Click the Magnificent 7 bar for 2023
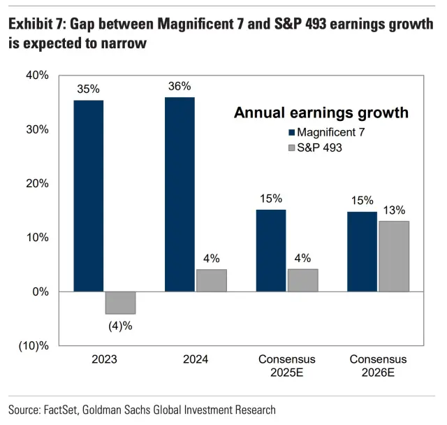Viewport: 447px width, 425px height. pos(89,196)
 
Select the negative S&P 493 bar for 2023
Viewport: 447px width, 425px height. pos(120,303)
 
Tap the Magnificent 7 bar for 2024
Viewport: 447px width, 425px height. pos(179,194)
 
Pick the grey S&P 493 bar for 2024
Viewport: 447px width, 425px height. pos(212,280)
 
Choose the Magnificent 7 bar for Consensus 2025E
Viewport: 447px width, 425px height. pos(271,250)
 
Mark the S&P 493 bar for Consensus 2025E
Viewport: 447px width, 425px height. pos(302,280)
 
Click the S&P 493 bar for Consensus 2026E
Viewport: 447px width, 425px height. pos(394,256)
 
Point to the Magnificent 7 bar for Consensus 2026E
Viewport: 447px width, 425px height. pos(362,252)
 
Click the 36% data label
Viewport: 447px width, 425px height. pos(179,87)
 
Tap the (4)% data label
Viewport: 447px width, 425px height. pos(120,325)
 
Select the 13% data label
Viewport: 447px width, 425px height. pos(394,210)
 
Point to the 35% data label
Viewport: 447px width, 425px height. pos(89,89)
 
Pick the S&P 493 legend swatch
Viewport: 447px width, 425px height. pos(291,148)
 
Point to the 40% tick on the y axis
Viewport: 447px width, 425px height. pos(37,75)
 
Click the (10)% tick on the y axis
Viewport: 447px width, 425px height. pos(34,346)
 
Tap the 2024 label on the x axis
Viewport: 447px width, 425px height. pos(195,359)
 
